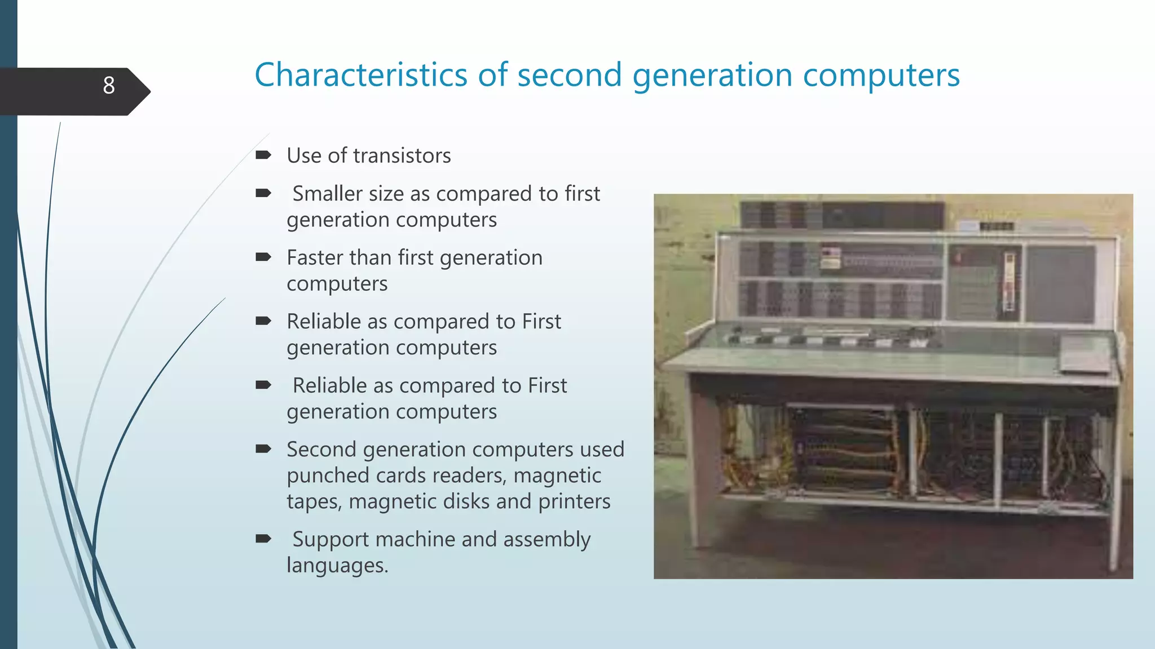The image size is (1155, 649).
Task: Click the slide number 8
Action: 109,86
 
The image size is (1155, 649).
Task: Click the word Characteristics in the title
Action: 361,75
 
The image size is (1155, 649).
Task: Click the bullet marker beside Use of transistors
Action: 263,155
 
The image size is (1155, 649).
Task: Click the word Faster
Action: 314,257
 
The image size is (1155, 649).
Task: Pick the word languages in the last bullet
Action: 337,566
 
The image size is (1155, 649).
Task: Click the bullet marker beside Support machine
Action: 263,539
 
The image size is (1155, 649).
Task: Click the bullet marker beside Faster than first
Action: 263,257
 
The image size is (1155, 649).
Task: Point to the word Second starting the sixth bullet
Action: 321,450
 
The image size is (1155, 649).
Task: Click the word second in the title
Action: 569,75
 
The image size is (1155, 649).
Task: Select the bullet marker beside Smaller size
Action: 263,193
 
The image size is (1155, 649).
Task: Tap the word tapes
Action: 313,502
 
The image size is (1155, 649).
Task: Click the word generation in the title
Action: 712,76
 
